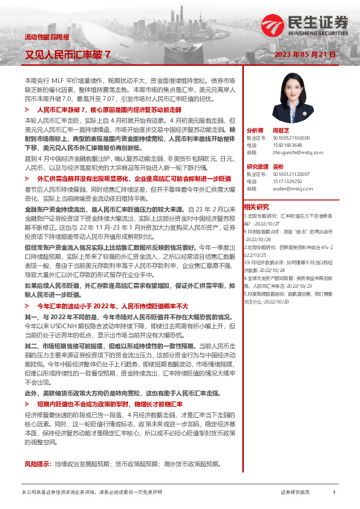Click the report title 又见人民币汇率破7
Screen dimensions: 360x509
click(x=67, y=54)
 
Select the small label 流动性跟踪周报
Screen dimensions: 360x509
click(x=43, y=37)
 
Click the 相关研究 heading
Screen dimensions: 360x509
click(x=256, y=206)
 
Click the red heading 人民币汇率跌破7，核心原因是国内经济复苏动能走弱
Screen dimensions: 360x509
click(x=109, y=111)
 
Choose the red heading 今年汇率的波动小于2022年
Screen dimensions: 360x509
click(x=113, y=306)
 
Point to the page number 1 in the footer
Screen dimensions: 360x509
click(x=334, y=493)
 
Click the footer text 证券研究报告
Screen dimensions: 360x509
click(x=295, y=493)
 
